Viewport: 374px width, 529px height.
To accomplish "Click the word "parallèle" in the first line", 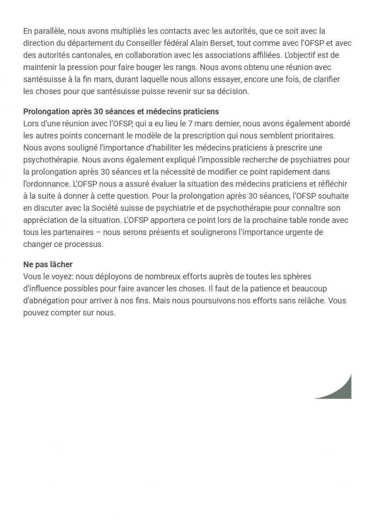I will (x=48, y=31).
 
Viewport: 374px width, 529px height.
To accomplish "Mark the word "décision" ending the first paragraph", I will (x=232, y=91).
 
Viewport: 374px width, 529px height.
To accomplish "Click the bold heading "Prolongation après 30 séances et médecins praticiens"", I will (x=121, y=111).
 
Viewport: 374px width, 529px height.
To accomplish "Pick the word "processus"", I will (x=85, y=244).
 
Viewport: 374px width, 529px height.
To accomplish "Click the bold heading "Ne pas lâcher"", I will (x=48, y=265).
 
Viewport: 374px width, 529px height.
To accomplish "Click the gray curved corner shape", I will (x=339, y=390).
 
